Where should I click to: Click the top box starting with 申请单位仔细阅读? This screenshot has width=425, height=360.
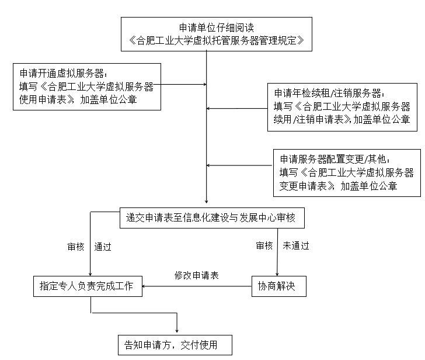(x=216, y=34)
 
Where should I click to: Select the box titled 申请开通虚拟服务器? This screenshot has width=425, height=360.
(x=87, y=87)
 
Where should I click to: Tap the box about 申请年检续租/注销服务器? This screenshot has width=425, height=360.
(x=342, y=107)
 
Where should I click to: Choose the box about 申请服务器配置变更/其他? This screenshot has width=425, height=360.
(x=347, y=173)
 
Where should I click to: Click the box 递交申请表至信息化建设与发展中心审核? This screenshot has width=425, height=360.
(x=212, y=218)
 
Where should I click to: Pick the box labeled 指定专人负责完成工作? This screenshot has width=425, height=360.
(x=88, y=286)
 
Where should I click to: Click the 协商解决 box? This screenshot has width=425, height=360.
(x=279, y=286)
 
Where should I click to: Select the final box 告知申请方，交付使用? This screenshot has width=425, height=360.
(x=175, y=345)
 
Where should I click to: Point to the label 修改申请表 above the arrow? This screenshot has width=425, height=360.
(x=197, y=276)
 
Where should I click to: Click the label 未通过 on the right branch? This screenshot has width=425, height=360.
(x=296, y=246)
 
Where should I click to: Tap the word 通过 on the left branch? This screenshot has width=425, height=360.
(x=103, y=247)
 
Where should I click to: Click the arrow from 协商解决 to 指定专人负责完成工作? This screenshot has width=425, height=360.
(x=197, y=286)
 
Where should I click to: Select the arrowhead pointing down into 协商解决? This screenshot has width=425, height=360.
(x=277, y=274)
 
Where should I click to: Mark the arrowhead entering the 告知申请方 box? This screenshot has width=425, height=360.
(x=177, y=331)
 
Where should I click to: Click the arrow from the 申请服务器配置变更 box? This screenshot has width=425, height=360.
(x=239, y=165)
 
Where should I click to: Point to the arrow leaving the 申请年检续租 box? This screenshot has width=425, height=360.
(x=237, y=109)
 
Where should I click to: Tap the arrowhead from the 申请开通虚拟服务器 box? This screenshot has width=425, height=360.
(x=205, y=84)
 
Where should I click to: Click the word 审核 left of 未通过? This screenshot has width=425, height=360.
(x=264, y=246)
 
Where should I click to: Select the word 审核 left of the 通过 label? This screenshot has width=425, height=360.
(x=76, y=247)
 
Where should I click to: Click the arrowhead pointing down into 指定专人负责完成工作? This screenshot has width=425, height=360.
(x=90, y=274)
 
